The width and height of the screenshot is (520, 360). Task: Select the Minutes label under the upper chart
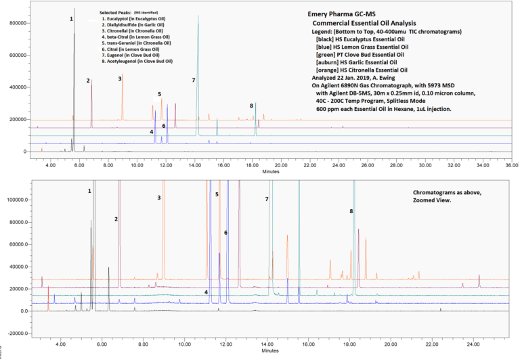pos(271,171)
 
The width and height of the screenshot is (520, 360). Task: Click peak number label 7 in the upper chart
pos(193,80)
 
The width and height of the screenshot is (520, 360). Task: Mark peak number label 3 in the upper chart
pos(120,78)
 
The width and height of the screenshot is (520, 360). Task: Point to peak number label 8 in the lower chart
pos(351,211)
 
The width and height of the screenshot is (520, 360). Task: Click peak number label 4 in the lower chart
pos(206,292)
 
